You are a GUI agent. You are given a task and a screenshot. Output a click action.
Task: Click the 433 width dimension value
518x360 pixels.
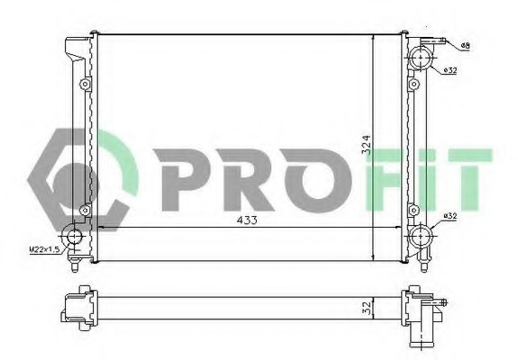click(247, 220)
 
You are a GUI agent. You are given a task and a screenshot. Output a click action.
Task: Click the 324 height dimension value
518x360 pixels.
click(367, 145)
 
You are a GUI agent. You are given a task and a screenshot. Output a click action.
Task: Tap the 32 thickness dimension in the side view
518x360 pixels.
click(368, 308)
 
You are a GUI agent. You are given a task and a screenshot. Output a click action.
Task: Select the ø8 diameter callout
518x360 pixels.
click(465, 46)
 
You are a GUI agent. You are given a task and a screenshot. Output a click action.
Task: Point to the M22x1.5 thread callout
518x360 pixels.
click(45, 249)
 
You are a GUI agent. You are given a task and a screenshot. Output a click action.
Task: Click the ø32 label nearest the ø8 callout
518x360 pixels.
click(450, 70)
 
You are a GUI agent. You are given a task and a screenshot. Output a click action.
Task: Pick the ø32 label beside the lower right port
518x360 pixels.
click(450, 216)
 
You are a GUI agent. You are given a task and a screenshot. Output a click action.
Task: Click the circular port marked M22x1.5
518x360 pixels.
click(74, 237)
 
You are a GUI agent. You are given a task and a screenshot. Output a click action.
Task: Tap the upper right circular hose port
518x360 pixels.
click(421, 57)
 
